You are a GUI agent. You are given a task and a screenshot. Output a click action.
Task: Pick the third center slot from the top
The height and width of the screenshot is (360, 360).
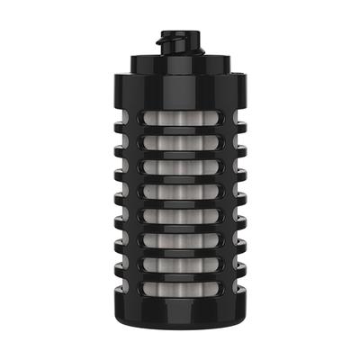pyautogui.click(x=179, y=167)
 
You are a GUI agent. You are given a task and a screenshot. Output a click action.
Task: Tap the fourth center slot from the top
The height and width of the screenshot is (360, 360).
pyautogui.click(x=179, y=191)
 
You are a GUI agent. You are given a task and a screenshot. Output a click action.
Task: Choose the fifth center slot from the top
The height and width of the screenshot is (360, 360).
pyautogui.click(x=179, y=215)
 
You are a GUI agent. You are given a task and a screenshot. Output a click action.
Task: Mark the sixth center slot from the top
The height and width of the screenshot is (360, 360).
pyautogui.click(x=179, y=238)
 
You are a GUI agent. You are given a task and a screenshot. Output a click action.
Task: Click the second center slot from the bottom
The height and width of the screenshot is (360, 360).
pyautogui.click(x=179, y=262)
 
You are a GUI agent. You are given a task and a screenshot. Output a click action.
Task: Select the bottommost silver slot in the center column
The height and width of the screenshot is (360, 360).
pyautogui.click(x=179, y=285)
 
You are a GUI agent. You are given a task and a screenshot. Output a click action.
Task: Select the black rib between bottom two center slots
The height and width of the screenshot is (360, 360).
pyautogui.click(x=179, y=274)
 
